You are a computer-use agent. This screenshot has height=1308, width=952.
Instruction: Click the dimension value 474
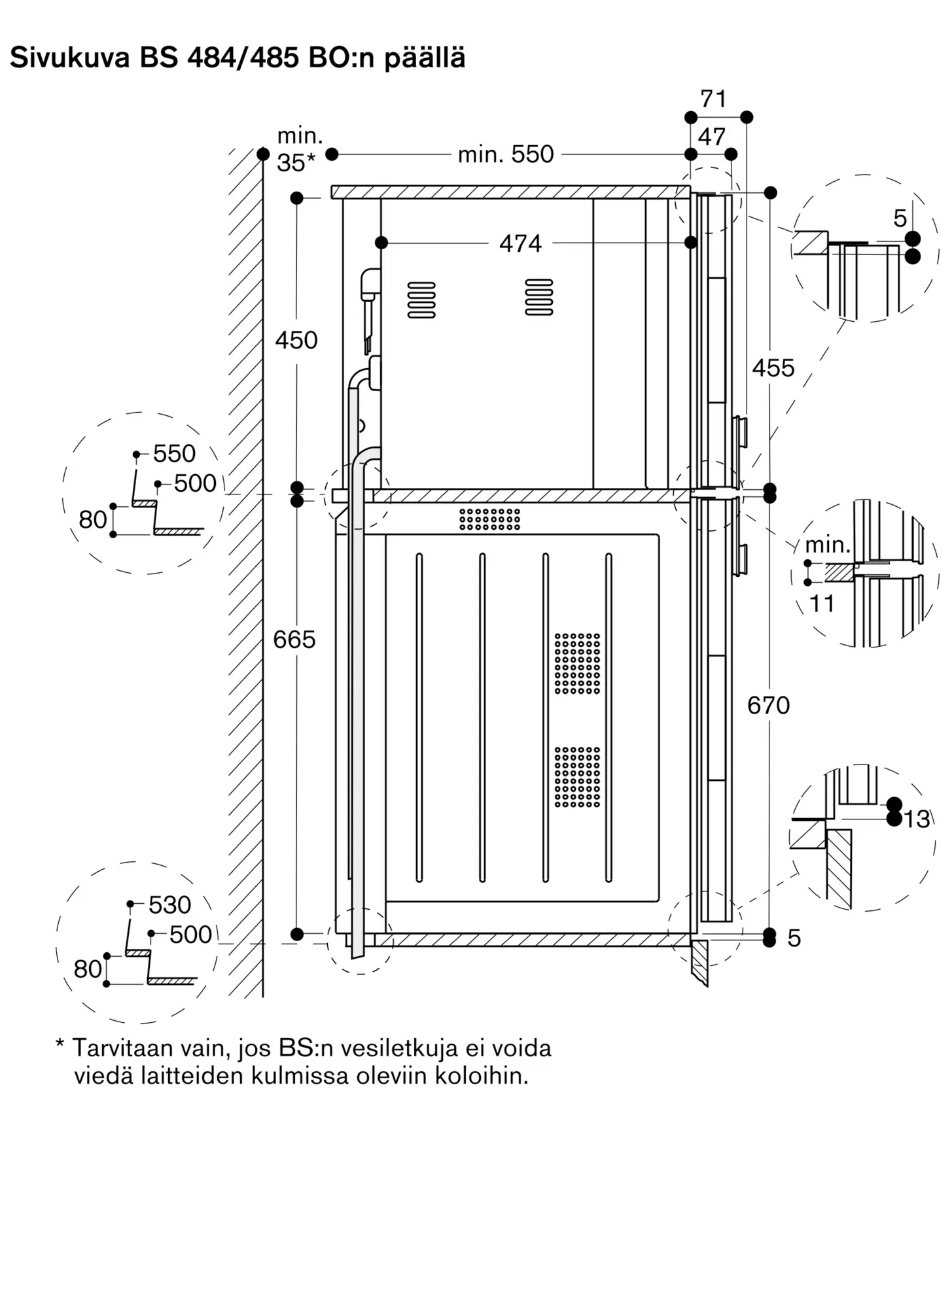tap(520, 243)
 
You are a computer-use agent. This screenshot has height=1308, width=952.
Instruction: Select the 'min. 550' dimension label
tap(506, 154)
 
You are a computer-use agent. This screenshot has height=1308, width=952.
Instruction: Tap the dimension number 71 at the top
tap(713, 99)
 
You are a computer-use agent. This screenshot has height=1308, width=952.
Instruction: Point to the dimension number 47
tap(712, 137)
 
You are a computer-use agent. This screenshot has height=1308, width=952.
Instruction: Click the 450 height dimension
tap(296, 340)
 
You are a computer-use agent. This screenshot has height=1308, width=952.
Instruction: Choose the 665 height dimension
tap(294, 639)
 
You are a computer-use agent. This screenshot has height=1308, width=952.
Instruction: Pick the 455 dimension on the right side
tap(773, 368)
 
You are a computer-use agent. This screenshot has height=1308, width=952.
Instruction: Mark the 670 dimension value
tap(769, 705)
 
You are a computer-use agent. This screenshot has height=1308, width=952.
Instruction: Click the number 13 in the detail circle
tap(917, 819)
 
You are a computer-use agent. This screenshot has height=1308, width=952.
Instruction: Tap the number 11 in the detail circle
tap(822, 604)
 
